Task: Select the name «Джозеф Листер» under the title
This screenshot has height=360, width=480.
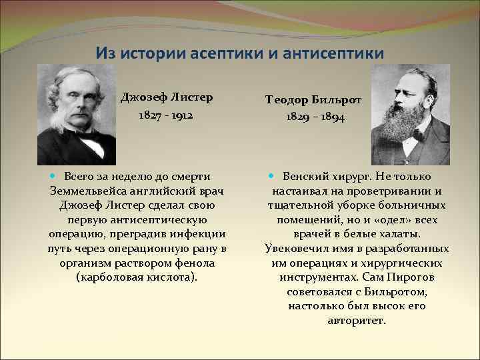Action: [x=167, y=97]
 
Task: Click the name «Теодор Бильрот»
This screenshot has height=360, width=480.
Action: [x=313, y=100]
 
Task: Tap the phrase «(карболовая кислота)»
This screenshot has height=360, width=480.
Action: [x=137, y=277]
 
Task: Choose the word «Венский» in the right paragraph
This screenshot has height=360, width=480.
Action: [x=305, y=177]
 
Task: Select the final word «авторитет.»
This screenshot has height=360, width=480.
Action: [x=357, y=320]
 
